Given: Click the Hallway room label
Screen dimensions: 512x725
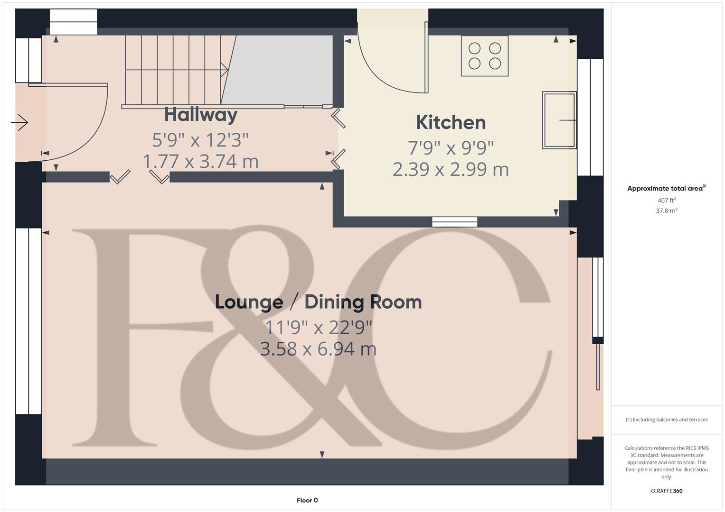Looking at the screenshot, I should tap(201, 115).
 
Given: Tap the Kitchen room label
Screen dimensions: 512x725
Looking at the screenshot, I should tap(451, 122).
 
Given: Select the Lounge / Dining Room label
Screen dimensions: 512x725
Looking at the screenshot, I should tap(318, 302).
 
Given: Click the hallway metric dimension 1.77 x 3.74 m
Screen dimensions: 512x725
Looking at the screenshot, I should tap(201, 161).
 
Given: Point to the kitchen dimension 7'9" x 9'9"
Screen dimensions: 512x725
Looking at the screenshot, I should tap(451, 148).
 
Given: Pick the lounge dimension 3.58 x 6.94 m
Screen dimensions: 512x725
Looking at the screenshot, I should tap(318, 349).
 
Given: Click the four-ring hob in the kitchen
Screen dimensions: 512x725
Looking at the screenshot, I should tap(485, 56).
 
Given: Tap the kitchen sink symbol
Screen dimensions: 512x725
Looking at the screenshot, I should tap(559, 120).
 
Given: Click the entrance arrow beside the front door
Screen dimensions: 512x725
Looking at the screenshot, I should tap(19, 123).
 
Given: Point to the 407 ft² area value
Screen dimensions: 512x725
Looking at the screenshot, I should tap(667, 201).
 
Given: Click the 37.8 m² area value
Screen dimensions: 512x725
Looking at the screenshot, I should tap(667, 210).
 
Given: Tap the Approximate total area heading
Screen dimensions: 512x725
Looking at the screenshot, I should tap(666, 188).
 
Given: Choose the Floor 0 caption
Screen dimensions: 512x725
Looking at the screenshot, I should tap(307, 500).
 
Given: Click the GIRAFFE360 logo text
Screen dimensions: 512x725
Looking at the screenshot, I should tap(667, 491).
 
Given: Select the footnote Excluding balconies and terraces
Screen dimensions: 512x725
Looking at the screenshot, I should tap(667, 420).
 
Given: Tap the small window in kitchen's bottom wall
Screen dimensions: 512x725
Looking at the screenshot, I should tap(454, 221).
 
